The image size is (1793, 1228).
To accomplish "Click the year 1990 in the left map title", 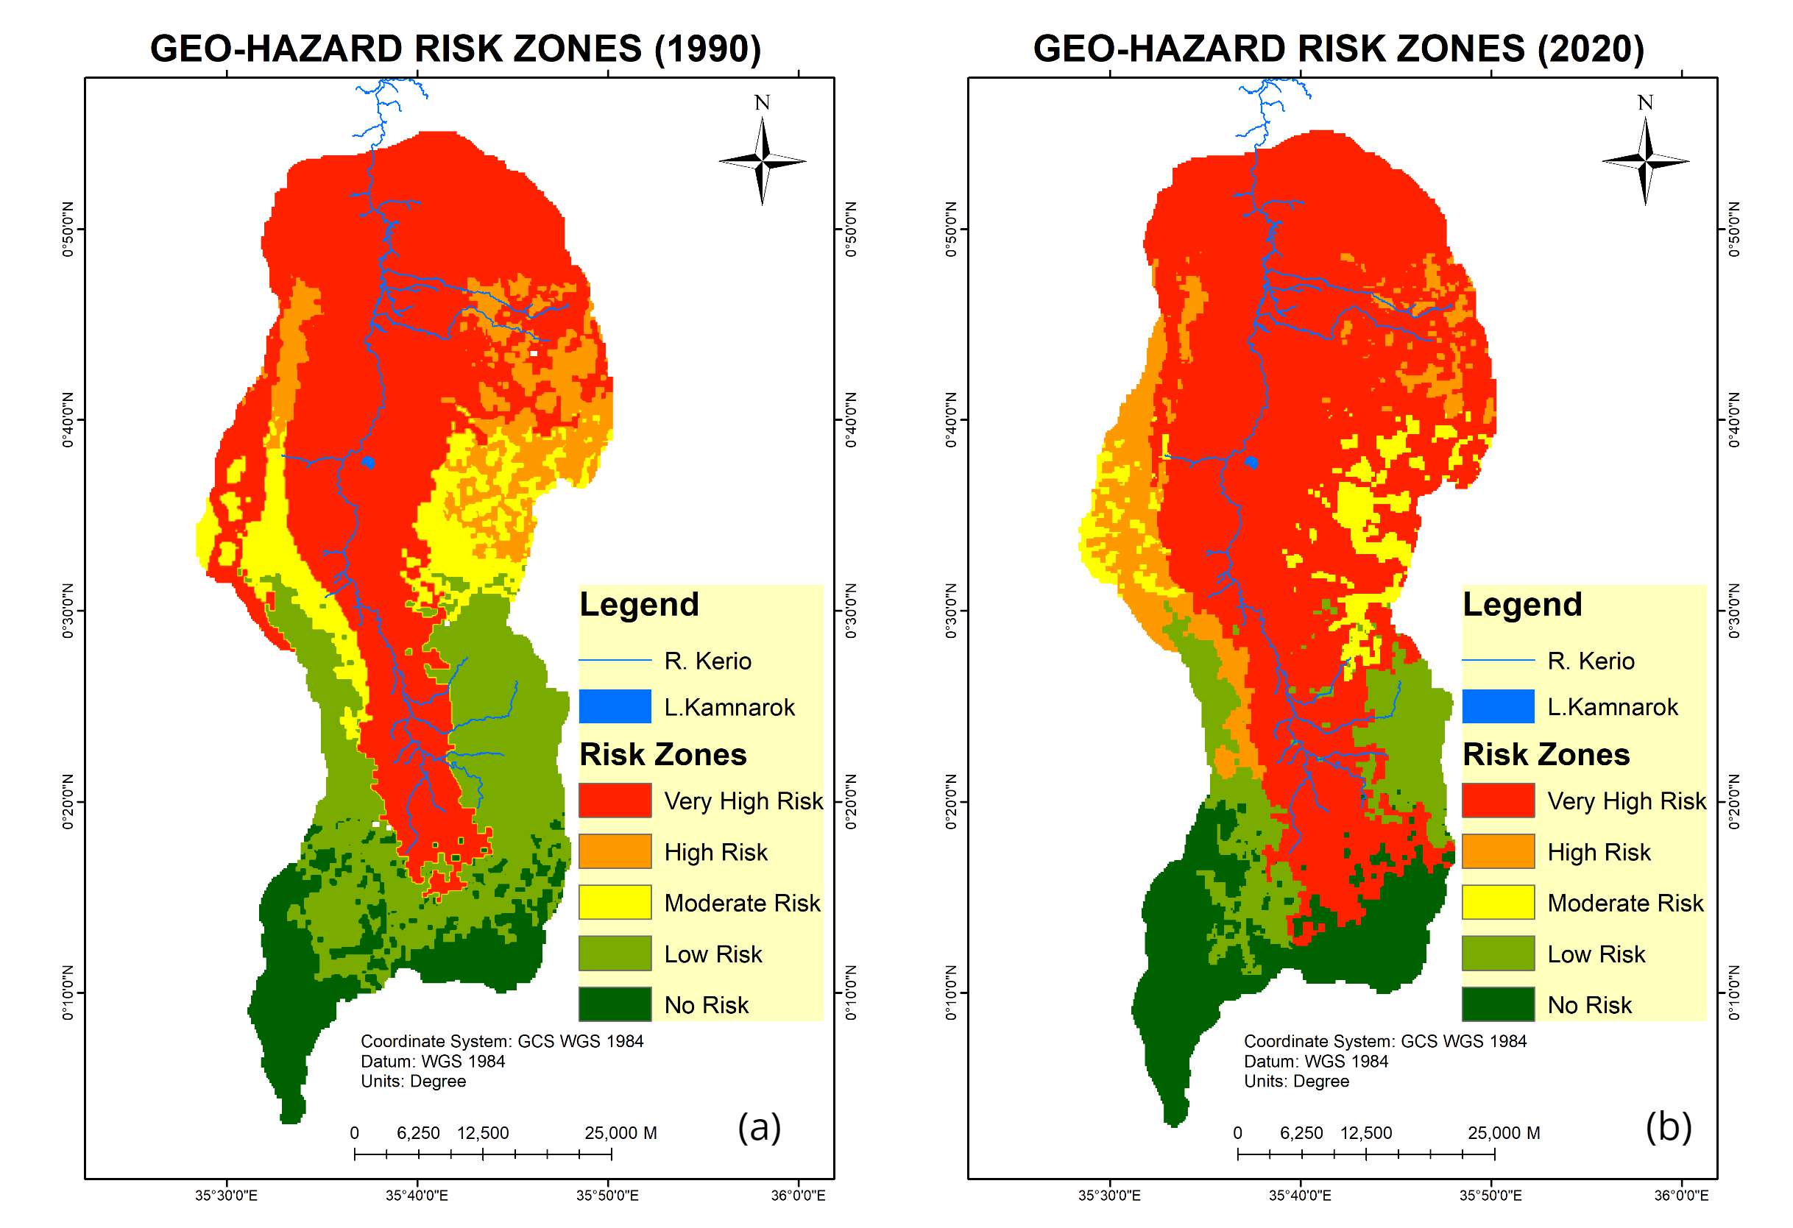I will coord(707,49).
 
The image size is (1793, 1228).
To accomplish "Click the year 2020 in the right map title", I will coord(1591,49).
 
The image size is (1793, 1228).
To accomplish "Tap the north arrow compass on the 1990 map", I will coord(763,160).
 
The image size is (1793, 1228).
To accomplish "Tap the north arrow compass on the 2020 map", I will coord(1646,160).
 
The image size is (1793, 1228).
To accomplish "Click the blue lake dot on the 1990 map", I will coord(368,462).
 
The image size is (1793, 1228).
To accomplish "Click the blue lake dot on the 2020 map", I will coord(1251,462).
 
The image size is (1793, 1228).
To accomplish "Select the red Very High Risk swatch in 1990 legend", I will coord(615,800).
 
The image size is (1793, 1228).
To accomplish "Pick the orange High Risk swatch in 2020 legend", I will coord(1498,851).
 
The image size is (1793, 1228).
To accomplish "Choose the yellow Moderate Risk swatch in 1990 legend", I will coord(615,902).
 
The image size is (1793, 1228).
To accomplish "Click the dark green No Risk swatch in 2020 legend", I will coord(1498,1004).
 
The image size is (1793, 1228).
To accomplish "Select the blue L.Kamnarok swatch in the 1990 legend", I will coord(615,706).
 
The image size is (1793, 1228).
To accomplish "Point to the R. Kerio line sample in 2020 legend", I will coord(1498,660).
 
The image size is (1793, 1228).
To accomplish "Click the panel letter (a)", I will coord(759,1127).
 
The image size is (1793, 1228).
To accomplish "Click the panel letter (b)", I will coord(1668,1127).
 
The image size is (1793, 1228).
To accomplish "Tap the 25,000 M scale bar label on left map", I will coord(620,1133).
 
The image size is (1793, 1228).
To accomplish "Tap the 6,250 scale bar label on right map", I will coord(1301,1133).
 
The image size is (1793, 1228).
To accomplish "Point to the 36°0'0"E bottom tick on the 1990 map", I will coord(799,1196).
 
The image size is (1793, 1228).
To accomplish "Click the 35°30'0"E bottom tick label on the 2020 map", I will coord(1109,1196).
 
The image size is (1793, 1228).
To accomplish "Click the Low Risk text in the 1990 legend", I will coord(713,954).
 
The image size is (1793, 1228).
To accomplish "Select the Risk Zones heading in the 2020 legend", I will coord(1546,754).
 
